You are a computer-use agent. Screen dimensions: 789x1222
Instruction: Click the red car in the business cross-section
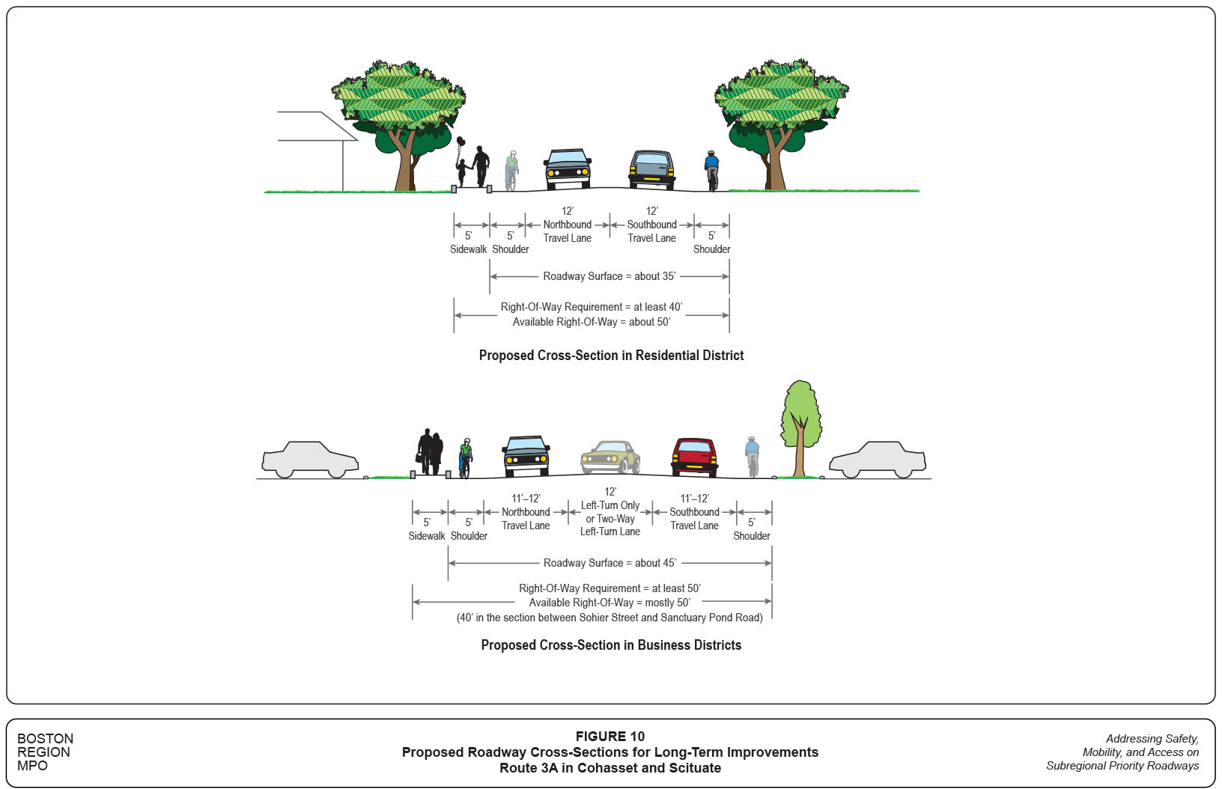(694, 457)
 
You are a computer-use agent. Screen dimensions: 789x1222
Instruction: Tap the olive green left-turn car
(611, 457)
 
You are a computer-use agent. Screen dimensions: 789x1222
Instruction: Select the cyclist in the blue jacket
(711, 170)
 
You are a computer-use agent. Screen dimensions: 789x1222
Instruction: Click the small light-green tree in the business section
(800, 427)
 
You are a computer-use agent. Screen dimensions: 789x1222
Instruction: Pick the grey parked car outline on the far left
(310, 459)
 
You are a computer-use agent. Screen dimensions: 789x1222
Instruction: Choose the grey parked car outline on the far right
(878, 459)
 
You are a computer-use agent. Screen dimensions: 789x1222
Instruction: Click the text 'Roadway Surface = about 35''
(609, 276)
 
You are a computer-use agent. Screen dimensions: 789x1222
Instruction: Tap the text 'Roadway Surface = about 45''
(610, 563)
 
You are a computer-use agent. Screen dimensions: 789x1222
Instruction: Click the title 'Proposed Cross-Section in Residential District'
(611, 356)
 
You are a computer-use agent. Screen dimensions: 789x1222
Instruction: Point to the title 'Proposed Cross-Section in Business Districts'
(611, 645)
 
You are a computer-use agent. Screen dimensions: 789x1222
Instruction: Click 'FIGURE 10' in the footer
(610, 737)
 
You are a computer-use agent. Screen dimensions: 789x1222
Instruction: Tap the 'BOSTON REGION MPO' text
(45, 752)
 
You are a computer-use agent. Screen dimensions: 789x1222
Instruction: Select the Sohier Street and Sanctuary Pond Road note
(610, 618)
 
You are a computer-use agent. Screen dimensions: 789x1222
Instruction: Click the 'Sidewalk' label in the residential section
(468, 249)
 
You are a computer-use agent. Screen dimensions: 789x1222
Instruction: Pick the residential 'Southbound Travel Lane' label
(651, 231)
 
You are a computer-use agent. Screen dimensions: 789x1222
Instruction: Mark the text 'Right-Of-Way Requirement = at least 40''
(592, 307)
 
